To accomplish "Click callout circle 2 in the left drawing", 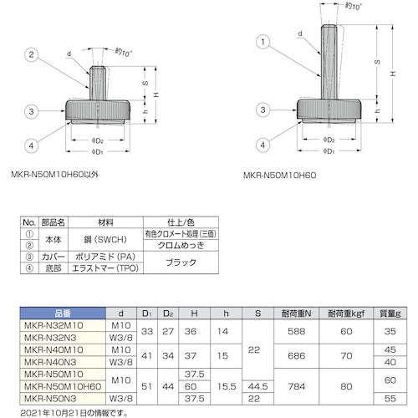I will point(32,55).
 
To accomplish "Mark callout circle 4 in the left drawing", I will point(31,145).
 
